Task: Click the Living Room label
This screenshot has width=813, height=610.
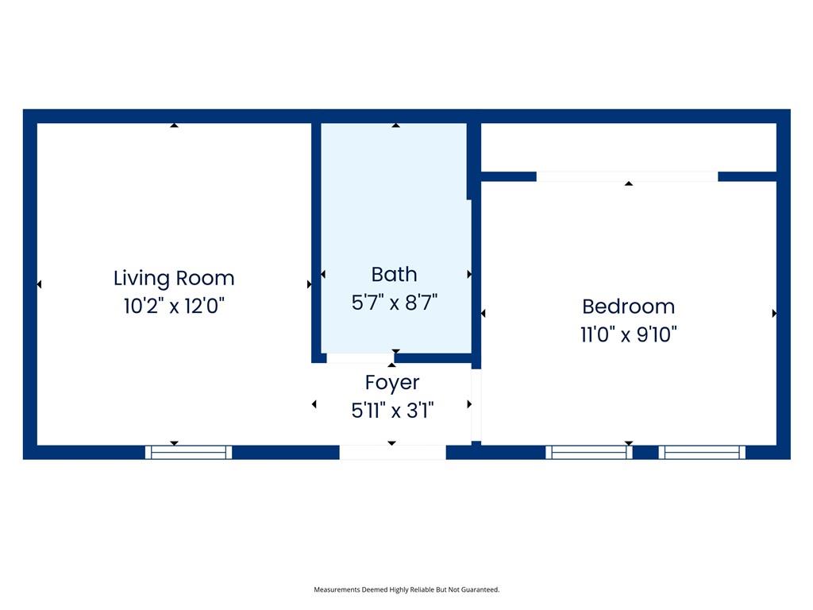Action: (x=174, y=278)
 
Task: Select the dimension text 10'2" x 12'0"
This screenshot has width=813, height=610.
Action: (x=174, y=306)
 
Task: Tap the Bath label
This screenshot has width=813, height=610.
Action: (x=394, y=274)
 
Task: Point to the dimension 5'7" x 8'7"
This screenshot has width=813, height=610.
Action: (x=394, y=302)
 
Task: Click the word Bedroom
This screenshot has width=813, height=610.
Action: (x=628, y=306)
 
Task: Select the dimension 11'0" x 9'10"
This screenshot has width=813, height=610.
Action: (x=628, y=334)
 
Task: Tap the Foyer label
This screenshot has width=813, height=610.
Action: (x=392, y=382)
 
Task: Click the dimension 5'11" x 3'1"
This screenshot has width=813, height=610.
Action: (x=392, y=410)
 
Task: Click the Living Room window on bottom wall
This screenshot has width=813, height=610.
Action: (x=189, y=452)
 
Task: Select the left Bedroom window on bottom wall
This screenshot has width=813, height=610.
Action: (x=588, y=452)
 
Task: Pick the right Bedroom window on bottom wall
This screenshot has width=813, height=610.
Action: (x=702, y=452)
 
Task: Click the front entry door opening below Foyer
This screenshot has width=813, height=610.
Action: (x=392, y=452)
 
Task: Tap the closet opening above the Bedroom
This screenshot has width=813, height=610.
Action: (x=627, y=176)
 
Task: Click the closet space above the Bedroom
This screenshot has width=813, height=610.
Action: (x=628, y=147)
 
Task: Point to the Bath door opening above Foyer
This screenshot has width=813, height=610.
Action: (x=360, y=358)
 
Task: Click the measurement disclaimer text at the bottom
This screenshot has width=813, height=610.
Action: (x=406, y=589)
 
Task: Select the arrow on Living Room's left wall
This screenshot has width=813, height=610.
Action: (x=39, y=284)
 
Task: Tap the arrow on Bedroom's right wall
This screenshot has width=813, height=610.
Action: (x=774, y=314)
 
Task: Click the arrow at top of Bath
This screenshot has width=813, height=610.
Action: (x=395, y=125)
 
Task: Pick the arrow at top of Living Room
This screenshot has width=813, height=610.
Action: (x=174, y=125)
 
